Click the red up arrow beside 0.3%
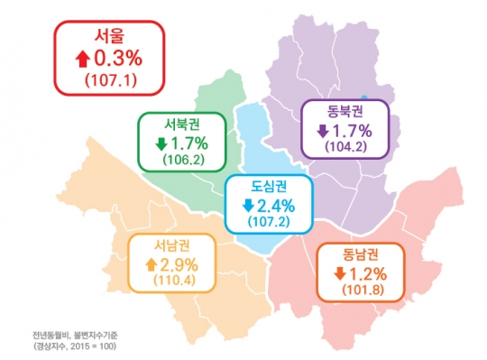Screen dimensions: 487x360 (82, 60)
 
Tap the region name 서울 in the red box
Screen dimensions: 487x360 (110, 37)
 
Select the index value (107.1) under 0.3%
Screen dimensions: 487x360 (110, 80)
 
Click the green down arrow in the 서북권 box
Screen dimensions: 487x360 (160, 143)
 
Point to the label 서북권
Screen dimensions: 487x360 (183, 124)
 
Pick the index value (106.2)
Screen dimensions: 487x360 (183, 161)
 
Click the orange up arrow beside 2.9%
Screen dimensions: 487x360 (150, 264)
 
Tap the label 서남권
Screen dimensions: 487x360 (171, 245)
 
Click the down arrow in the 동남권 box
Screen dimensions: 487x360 (339, 273)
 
